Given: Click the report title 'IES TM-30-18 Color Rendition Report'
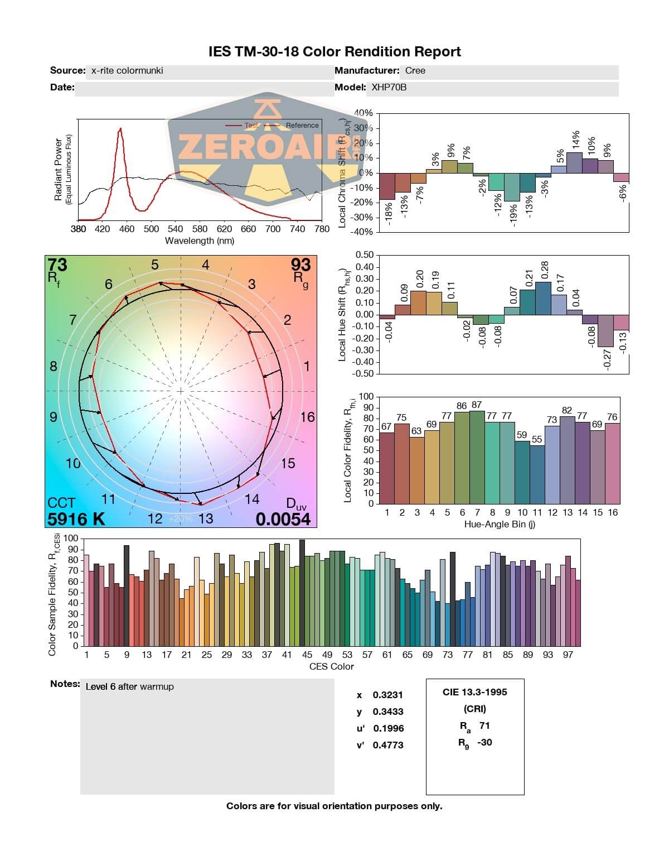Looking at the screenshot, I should click(334, 52).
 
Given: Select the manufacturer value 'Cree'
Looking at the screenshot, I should click(415, 71).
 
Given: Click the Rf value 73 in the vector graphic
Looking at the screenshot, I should click(57, 265).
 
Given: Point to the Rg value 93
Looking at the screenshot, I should click(300, 265).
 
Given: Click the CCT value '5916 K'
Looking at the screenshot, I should click(76, 519).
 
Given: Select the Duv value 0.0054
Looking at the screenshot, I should click(283, 519).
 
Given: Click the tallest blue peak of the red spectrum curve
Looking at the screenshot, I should click(120, 129).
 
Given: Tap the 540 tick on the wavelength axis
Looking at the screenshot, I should click(176, 229).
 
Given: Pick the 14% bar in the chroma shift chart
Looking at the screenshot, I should click(574, 162).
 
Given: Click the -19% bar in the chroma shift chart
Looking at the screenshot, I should click(512, 187).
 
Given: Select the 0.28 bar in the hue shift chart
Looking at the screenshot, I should click(543, 298).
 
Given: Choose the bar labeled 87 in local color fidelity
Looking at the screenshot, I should click(477, 456).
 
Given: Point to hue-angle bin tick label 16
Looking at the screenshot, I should click(613, 512).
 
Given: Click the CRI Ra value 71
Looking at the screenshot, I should click(484, 725).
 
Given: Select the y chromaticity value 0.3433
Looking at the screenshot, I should click(388, 712).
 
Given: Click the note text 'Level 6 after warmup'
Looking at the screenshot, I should click(129, 687).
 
